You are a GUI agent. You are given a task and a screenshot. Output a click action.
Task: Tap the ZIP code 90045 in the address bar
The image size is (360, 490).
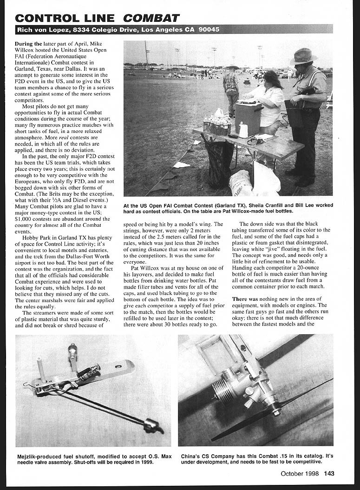(209, 29)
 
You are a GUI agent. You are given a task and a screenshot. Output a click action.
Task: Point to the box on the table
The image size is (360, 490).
(249, 117)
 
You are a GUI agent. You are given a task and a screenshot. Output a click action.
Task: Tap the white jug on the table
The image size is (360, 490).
(243, 130)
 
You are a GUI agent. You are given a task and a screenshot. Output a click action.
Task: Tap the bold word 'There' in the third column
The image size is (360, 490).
(240, 298)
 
